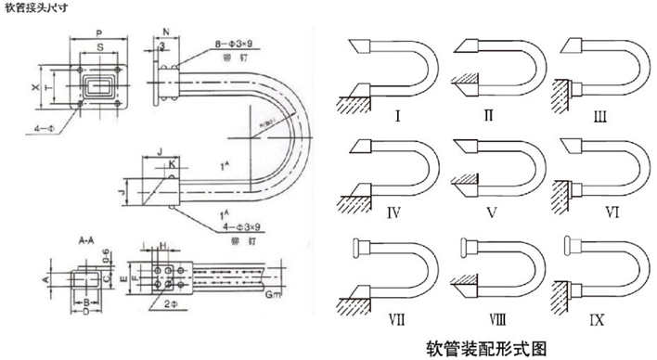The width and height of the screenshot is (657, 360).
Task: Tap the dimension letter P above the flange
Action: (x=99, y=28)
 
